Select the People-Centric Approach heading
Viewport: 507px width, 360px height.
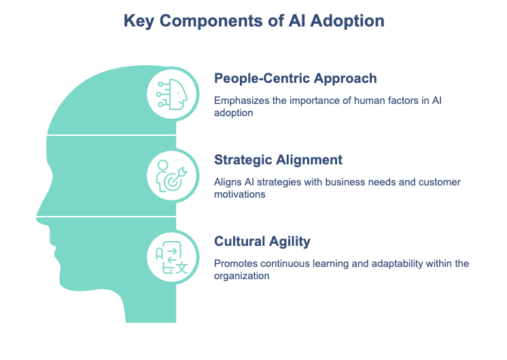296,79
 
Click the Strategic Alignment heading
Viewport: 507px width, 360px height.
278,160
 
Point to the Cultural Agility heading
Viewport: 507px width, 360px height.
262,241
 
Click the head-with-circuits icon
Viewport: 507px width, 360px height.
172,94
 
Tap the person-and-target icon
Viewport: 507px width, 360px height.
172,176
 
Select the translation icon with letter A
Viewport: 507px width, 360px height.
172,257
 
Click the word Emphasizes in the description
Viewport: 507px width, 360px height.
241,101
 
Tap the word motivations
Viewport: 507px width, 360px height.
240,194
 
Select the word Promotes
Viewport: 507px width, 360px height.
236,264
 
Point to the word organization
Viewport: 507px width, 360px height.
241,276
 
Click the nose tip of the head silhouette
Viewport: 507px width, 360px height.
37,217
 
